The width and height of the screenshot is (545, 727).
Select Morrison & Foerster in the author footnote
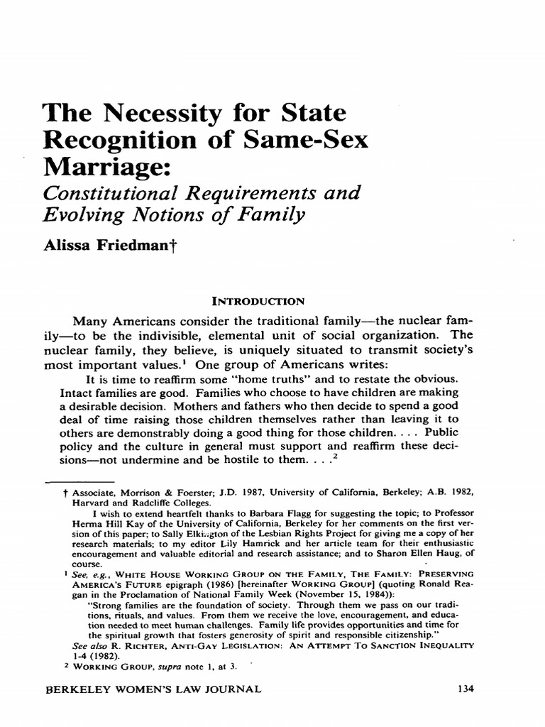(x=158, y=491)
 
